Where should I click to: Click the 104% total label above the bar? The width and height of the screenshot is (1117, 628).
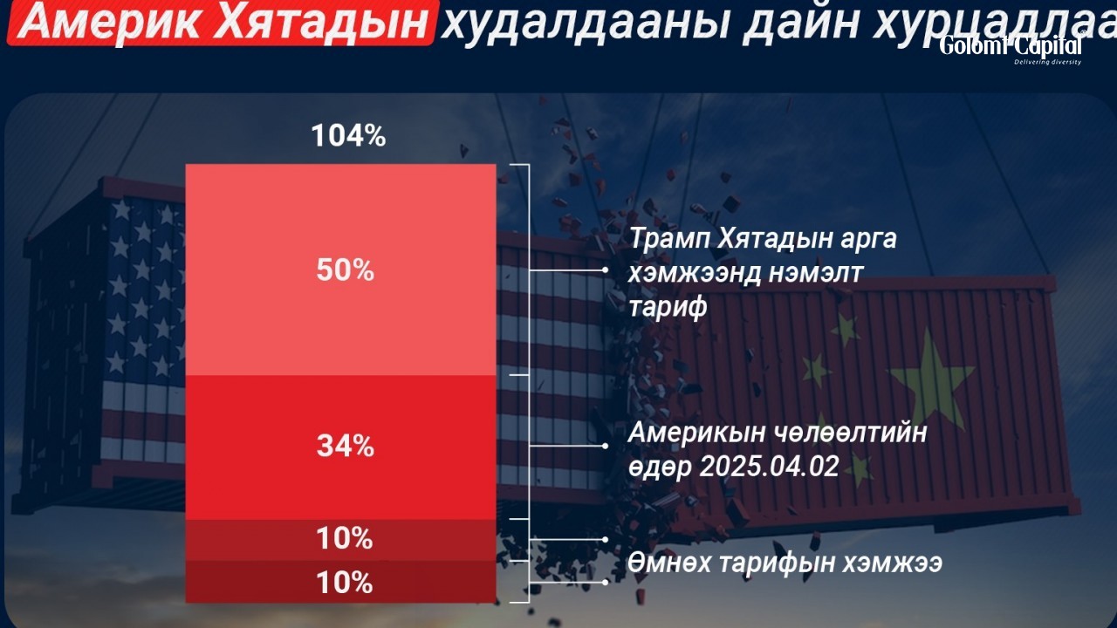pyautogui.click(x=348, y=135)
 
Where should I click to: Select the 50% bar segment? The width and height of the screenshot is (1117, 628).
pyautogui.click(x=341, y=270)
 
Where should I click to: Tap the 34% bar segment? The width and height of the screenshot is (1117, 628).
pyautogui.click(x=341, y=447)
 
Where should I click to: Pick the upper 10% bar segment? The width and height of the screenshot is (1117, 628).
pyautogui.click(x=341, y=540)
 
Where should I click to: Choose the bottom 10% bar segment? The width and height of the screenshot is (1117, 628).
pyautogui.click(x=341, y=582)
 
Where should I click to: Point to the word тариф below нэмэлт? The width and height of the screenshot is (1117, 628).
pyautogui.click(x=668, y=306)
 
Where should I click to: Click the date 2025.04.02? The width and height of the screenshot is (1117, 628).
pyautogui.click(x=770, y=467)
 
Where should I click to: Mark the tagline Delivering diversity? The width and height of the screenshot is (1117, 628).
pyautogui.click(x=1048, y=62)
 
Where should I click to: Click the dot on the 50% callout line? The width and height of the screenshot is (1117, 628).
pyautogui.click(x=605, y=270)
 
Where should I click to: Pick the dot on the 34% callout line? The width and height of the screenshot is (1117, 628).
pyautogui.click(x=605, y=446)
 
